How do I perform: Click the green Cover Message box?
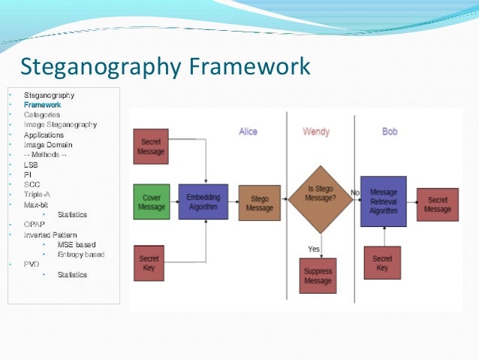click(152, 201)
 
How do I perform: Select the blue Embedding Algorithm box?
click(203, 201)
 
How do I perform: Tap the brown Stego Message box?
click(259, 203)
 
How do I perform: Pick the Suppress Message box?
click(318, 275)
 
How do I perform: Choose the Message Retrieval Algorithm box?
click(383, 201)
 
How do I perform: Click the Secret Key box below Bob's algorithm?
click(382, 263)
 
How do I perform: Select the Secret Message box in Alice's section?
click(151, 147)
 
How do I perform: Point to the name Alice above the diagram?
click(248, 132)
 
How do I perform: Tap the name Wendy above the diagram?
click(316, 132)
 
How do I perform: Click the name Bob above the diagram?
click(389, 132)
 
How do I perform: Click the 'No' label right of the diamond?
click(355, 192)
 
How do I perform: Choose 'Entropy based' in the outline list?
click(80, 254)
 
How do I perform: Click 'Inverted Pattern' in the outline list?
click(50, 234)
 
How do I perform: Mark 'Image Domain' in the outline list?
click(48, 144)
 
